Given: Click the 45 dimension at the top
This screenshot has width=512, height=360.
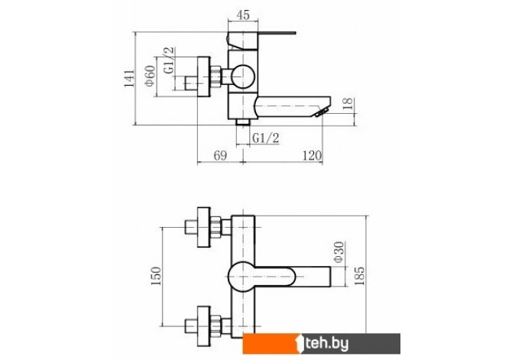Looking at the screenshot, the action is click(x=243, y=15).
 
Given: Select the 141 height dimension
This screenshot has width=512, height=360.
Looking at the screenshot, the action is click(x=129, y=79).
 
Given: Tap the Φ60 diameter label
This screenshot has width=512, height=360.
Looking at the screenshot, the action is click(x=151, y=76).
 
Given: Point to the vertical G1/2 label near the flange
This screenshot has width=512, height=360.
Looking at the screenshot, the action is click(x=169, y=60).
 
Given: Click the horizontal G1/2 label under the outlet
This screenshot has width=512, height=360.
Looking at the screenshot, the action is click(x=266, y=138).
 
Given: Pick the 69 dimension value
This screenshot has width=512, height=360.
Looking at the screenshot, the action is click(x=220, y=155).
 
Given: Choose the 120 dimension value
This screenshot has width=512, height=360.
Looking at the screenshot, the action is click(x=312, y=155).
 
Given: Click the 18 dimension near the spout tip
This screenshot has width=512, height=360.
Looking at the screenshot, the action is click(x=348, y=103).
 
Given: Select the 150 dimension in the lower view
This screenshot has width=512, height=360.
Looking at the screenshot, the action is click(x=156, y=276).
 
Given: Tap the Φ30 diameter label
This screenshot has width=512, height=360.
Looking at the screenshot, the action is click(x=339, y=252).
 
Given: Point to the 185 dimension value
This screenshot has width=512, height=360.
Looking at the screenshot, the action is click(x=359, y=276).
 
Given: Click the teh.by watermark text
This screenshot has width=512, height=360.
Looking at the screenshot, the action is click(x=326, y=344).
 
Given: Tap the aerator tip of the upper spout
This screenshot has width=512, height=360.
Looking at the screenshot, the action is click(x=321, y=112).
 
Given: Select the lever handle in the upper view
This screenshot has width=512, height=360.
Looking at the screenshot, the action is click(x=261, y=40).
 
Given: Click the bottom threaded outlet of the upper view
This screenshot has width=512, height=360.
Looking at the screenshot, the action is click(x=242, y=122).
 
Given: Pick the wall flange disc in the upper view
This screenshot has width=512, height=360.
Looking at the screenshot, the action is click(x=203, y=76).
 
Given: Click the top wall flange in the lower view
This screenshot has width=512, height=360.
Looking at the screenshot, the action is click(x=204, y=227).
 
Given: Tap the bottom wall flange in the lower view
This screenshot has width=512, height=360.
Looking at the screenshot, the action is click(x=204, y=326).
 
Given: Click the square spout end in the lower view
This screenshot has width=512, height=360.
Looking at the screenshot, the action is click(x=313, y=277).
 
